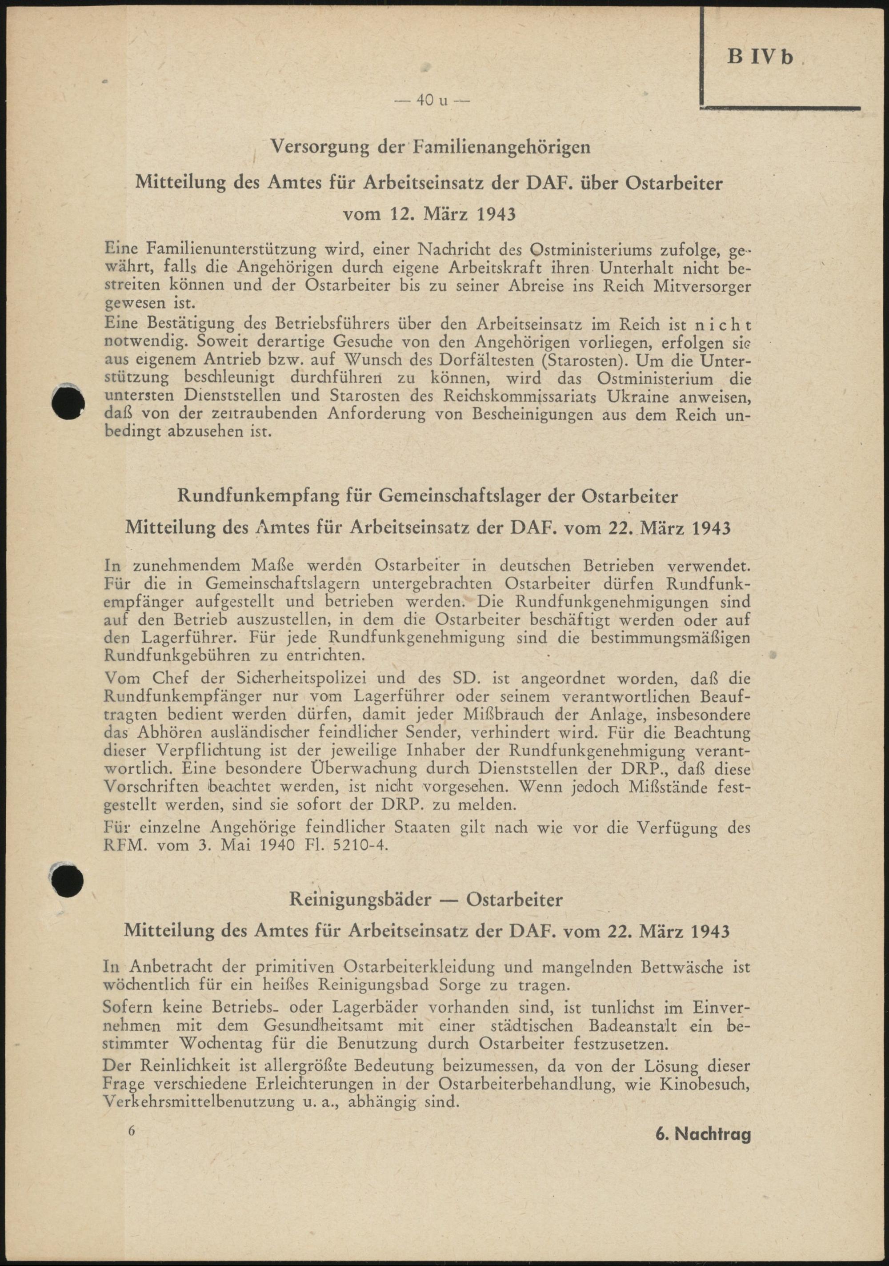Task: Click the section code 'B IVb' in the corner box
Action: [x=760, y=57]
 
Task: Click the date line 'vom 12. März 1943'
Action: [x=429, y=214]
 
